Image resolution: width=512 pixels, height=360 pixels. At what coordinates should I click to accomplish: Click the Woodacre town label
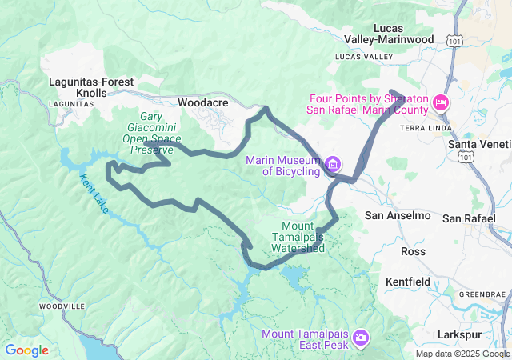click(x=203, y=103)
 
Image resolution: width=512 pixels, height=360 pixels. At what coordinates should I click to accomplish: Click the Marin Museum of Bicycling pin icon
click(x=332, y=165)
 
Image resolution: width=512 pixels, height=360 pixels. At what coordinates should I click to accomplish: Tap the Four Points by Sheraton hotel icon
click(x=440, y=103)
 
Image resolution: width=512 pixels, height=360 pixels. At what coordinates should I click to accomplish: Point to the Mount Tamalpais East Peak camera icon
click(x=361, y=338)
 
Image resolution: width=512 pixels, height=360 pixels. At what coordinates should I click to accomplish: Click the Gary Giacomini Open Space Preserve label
click(x=151, y=133)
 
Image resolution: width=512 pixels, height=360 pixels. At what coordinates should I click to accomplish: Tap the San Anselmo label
click(x=398, y=216)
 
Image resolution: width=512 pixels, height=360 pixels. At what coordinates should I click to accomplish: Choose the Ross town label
click(x=413, y=251)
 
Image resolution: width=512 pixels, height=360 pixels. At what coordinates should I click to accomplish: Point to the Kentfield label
click(x=408, y=282)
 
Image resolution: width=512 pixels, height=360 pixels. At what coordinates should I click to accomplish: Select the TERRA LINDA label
click(x=418, y=128)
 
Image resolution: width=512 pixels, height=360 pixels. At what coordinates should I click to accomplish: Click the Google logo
click(x=26, y=350)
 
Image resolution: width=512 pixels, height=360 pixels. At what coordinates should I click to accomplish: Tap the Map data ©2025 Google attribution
click(x=462, y=354)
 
